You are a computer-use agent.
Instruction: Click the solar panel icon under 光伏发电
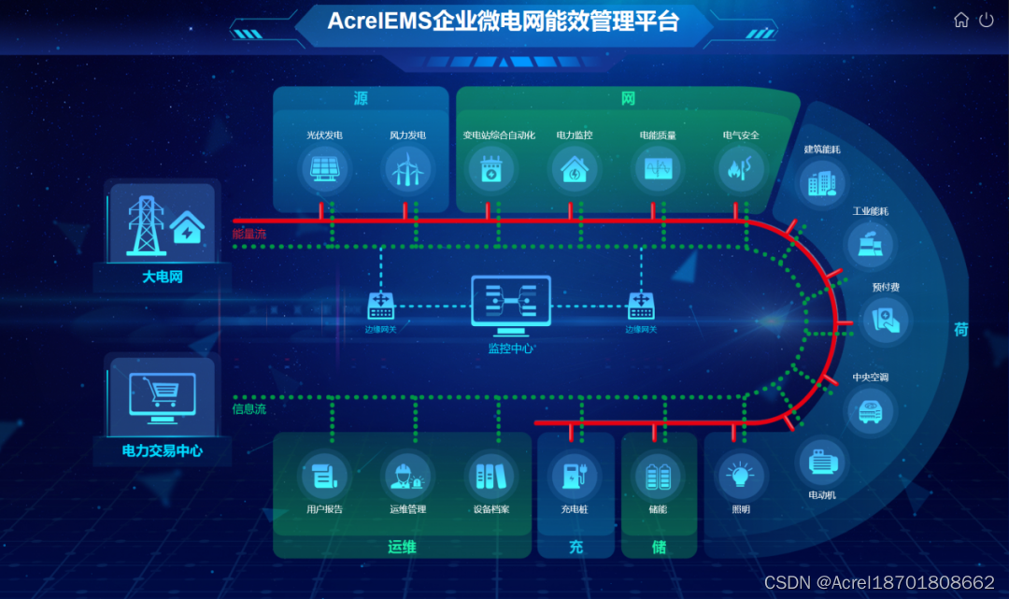coord(325,169)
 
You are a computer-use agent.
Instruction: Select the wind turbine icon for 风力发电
coord(407,169)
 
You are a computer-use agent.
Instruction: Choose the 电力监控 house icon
coord(574,169)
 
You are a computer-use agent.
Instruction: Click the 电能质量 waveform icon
coord(658,169)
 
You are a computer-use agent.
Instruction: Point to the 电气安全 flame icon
coord(740,169)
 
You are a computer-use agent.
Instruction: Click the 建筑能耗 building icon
coord(822,182)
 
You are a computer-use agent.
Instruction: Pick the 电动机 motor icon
coord(822,462)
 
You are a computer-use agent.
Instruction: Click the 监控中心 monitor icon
coord(510,306)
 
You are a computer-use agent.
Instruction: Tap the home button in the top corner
coord(960,20)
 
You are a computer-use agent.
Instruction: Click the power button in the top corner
coord(986,20)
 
